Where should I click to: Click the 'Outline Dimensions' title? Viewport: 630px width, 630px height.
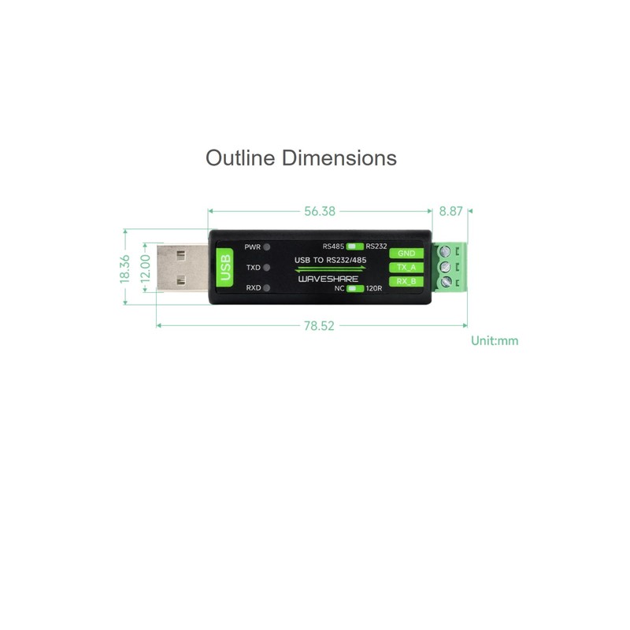point(301,157)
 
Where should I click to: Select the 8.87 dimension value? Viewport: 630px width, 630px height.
point(451,211)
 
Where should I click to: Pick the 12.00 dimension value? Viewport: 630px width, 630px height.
point(145,268)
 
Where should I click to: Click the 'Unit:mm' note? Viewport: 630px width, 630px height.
point(495,341)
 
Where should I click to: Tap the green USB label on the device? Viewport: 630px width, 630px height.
point(224,268)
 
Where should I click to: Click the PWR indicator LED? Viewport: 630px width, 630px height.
point(267,246)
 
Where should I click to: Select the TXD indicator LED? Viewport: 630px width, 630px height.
point(267,268)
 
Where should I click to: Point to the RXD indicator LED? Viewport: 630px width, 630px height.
point(267,288)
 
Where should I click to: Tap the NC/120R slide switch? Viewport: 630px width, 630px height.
point(352,288)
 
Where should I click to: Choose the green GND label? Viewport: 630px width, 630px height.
point(406,254)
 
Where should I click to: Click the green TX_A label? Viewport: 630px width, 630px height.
point(406,268)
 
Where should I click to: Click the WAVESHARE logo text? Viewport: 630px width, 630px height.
point(328,279)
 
